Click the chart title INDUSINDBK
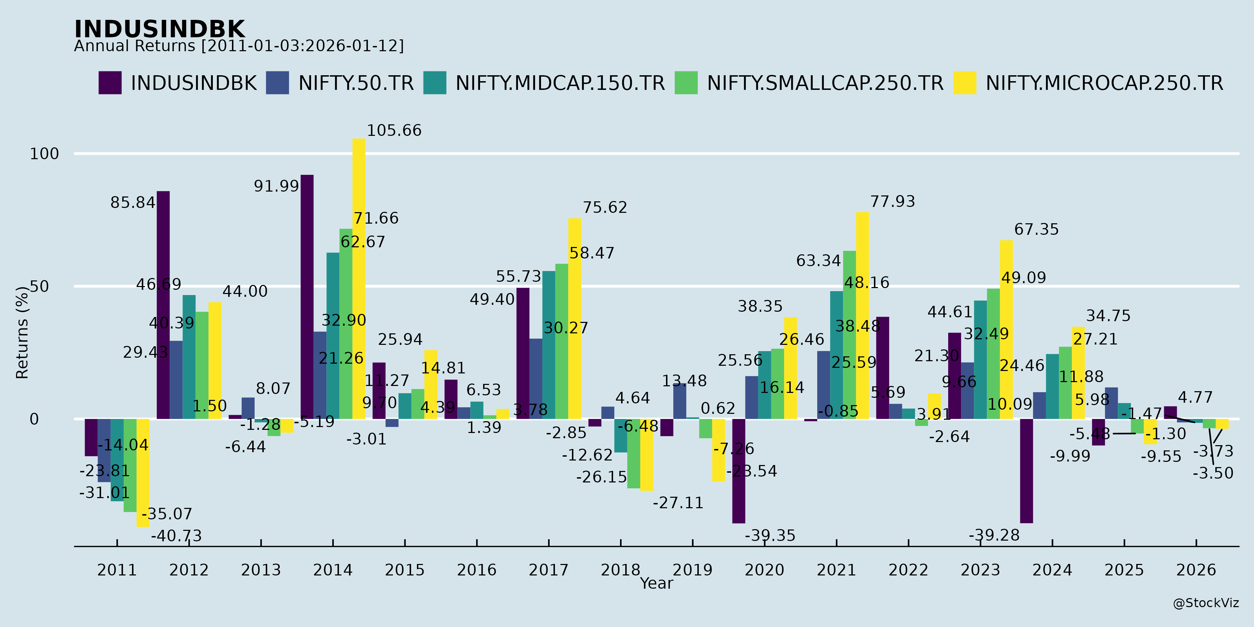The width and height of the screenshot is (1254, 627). coord(159,29)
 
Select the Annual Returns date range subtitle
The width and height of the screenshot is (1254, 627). coord(239,46)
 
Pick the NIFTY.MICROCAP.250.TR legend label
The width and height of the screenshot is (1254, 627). coord(1104,83)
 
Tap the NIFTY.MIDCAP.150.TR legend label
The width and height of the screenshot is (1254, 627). coord(560,83)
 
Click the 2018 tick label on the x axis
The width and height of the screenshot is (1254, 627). coord(620,570)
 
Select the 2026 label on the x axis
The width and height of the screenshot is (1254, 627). coord(1196,570)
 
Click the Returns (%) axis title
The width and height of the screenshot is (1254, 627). coord(22,333)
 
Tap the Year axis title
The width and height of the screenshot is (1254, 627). coord(656,583)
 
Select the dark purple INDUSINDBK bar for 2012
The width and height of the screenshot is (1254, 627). coord(163,305)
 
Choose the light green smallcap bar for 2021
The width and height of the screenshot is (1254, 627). coord(849,335)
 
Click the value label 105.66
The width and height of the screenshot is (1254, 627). coord(394,131)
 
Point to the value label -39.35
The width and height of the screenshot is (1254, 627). coord(769,535)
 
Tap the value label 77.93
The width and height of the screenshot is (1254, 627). coord(892,202)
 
